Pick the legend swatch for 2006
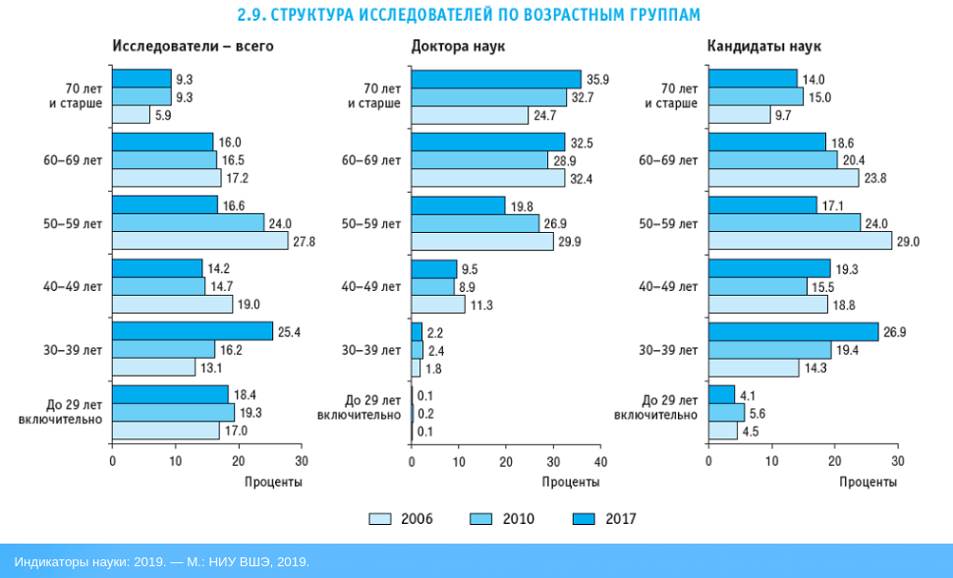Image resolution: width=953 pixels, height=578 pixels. pos(380,518)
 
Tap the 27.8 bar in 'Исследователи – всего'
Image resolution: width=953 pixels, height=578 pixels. pos(199,241)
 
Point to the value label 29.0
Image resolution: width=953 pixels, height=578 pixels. pos(909,241)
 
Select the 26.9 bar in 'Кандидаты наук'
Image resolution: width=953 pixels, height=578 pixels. pos(793,332)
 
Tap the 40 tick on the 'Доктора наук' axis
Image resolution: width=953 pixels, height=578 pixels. pos(601,460)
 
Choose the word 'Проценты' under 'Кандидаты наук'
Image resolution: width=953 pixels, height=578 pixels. pos(868,482)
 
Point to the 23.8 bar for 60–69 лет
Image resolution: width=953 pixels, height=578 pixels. pos(783,178)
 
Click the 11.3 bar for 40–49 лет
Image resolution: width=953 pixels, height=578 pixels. pos(438,305)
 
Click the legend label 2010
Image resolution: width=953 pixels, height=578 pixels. pos(519,518)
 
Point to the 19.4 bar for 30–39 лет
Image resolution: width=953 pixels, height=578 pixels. pos(769,350)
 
